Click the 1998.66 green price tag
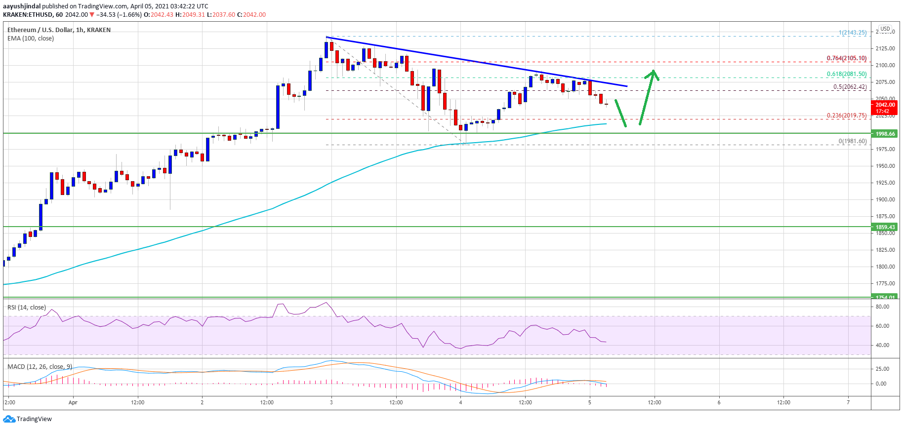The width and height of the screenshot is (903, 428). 885,134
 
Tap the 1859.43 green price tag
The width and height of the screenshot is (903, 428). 885,227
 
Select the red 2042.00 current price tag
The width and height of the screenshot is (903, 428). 885,105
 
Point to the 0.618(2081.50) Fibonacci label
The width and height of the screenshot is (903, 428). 847,74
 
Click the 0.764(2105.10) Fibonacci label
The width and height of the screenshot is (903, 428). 847,58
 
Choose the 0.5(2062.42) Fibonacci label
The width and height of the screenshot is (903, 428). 850,87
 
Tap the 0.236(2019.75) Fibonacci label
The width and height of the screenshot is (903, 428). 847,116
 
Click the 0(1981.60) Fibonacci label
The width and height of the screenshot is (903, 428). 852,141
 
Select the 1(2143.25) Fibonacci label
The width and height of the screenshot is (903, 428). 852,33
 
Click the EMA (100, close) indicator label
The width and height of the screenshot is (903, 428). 31,39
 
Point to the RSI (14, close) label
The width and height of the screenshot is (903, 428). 27,308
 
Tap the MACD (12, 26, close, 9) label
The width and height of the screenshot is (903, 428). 40,367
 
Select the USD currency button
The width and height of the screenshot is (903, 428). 885,29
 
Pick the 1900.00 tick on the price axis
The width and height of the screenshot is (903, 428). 885,199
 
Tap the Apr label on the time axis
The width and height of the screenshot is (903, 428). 73,402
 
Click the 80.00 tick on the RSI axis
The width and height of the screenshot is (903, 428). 882,307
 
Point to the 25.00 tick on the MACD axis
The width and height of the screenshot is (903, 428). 882,369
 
